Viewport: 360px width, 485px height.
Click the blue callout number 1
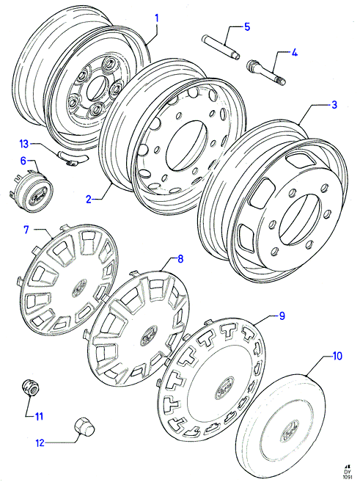[x=157, y=18]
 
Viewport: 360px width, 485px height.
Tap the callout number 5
[x=247, y=26]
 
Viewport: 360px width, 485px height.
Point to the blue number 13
[x=23, y=144]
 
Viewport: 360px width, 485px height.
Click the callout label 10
[x=337, y=356]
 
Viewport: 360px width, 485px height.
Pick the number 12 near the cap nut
[x=40, y=443]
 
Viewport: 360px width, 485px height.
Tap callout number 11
[x=39, y=417]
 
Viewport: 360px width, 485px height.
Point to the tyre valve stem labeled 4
[x=266, y=73]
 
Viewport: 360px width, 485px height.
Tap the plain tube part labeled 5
[x=221, y=48]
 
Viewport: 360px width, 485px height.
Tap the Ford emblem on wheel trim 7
[x=80, y=288]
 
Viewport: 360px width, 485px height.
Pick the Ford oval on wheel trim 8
[x=149, y=335]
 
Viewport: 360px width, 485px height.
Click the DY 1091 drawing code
[x=348, y=474]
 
